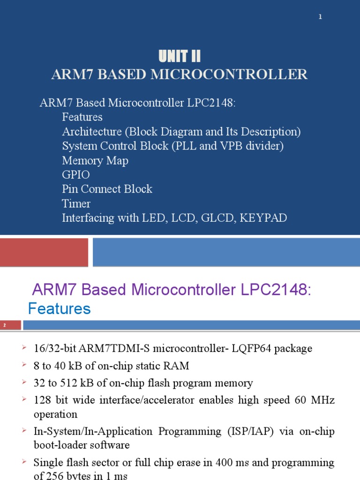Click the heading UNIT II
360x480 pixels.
[x=180, y=57]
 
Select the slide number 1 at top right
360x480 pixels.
[x=320, y=17]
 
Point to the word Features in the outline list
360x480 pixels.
[x=82, y=117]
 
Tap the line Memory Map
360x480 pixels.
[x=95, y=160]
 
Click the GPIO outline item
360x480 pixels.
[x=75, y=175]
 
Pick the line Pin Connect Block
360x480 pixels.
[x=107, y=189]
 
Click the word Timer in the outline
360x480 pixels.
[x=76, y=203]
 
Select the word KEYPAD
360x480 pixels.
[x=264, y=218]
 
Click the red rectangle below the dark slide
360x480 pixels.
[x=44, y=252]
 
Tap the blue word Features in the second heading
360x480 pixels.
[x=59, y=308]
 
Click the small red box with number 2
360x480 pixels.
[x=10, y=325]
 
